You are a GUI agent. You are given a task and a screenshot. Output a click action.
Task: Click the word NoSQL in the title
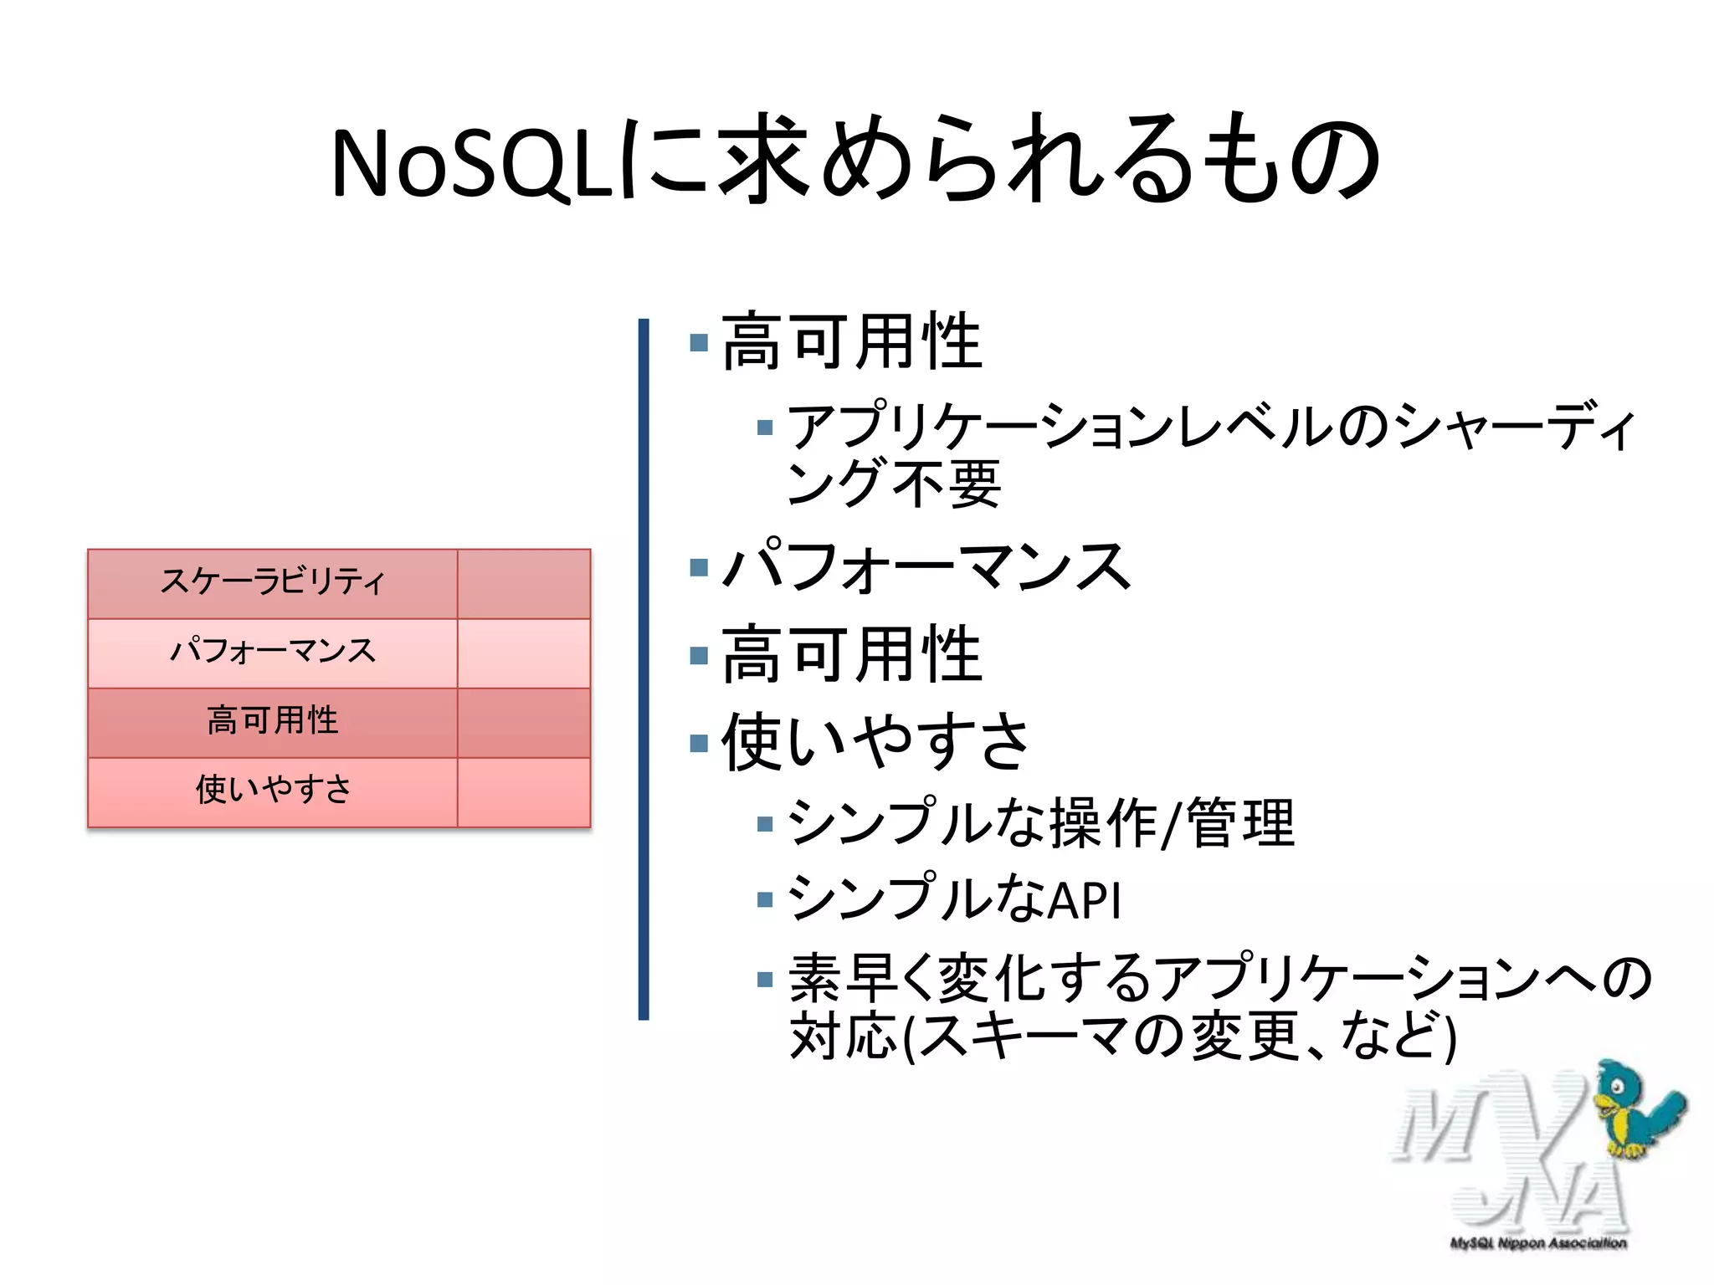click(x=473, y=163)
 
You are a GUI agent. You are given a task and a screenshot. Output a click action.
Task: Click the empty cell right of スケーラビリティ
click(x=524, y=583)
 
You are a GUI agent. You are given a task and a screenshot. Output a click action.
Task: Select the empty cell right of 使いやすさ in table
click(x=524, y=791)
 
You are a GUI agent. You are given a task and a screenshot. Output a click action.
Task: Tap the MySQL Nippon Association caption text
click(x=1538, y=1243)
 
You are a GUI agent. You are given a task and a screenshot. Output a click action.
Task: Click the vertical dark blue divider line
click(x=643, y=669)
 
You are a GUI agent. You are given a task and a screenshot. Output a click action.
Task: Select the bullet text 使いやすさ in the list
click(x=875, y=742)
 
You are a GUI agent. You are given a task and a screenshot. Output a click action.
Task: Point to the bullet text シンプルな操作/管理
click(x=1041, y=824)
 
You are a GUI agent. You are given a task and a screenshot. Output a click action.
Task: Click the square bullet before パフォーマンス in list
click(x=699, y=569)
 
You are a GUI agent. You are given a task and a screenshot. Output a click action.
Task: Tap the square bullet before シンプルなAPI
click(x=764, y=900)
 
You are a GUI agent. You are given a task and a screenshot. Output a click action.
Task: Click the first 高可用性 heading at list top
click(x=851, y=342)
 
